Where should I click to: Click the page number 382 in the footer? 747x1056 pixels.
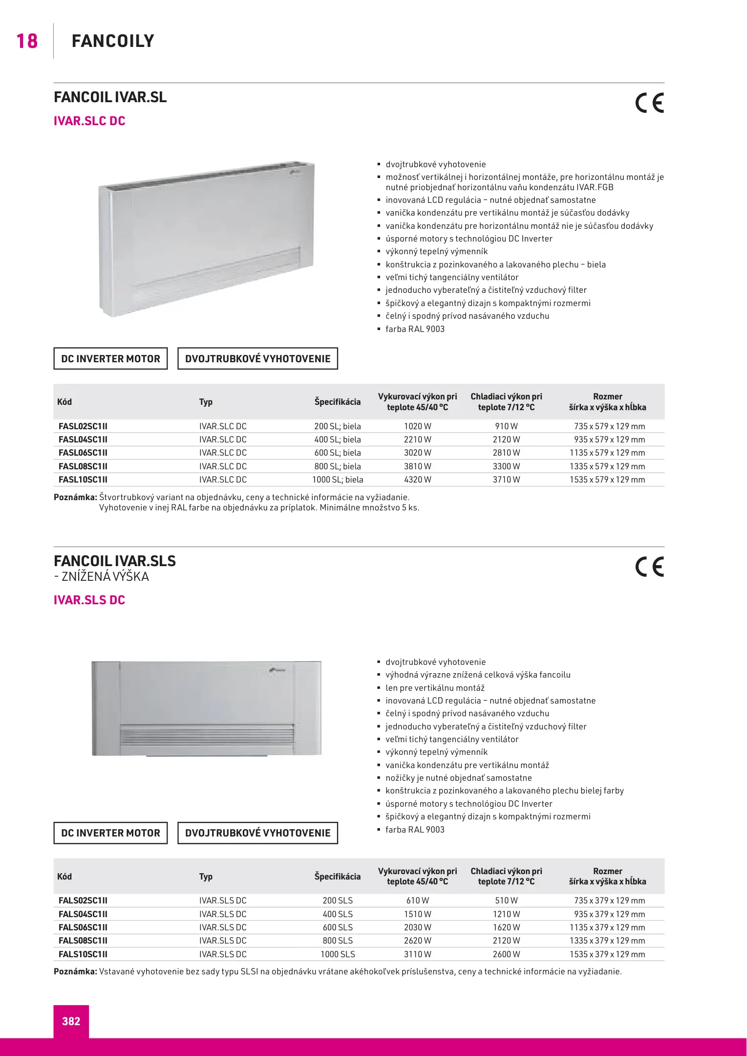(71, 1021)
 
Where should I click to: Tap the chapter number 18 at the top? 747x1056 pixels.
(27, 41)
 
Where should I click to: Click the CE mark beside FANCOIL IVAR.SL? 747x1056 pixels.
(649, 103)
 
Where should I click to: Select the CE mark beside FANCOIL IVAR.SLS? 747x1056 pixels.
(649, 567)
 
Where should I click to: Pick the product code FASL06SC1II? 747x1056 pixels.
(83, 453)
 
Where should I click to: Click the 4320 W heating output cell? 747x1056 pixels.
(417, 480)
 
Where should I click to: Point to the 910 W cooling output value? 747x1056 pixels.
(506, 426)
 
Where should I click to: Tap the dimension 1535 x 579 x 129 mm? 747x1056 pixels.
(607, 480)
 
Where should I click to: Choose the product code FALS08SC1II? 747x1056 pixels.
(83, 940)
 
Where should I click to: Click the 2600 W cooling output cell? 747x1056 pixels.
(506, 954)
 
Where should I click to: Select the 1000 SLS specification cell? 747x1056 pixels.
(338, 954)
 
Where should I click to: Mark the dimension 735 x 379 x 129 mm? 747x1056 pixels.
(609, 900)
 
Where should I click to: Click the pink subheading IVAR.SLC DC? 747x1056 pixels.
(89, 121)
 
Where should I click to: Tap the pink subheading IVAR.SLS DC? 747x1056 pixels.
(89, 600)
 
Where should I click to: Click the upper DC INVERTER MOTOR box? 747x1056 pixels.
(110, 358)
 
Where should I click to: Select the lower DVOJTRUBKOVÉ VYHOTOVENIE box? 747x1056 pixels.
(257, 833)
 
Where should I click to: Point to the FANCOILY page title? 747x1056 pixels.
(113, 41)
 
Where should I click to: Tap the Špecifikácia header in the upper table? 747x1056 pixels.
(337, 402)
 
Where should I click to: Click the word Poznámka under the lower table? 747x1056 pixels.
(75, 971)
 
